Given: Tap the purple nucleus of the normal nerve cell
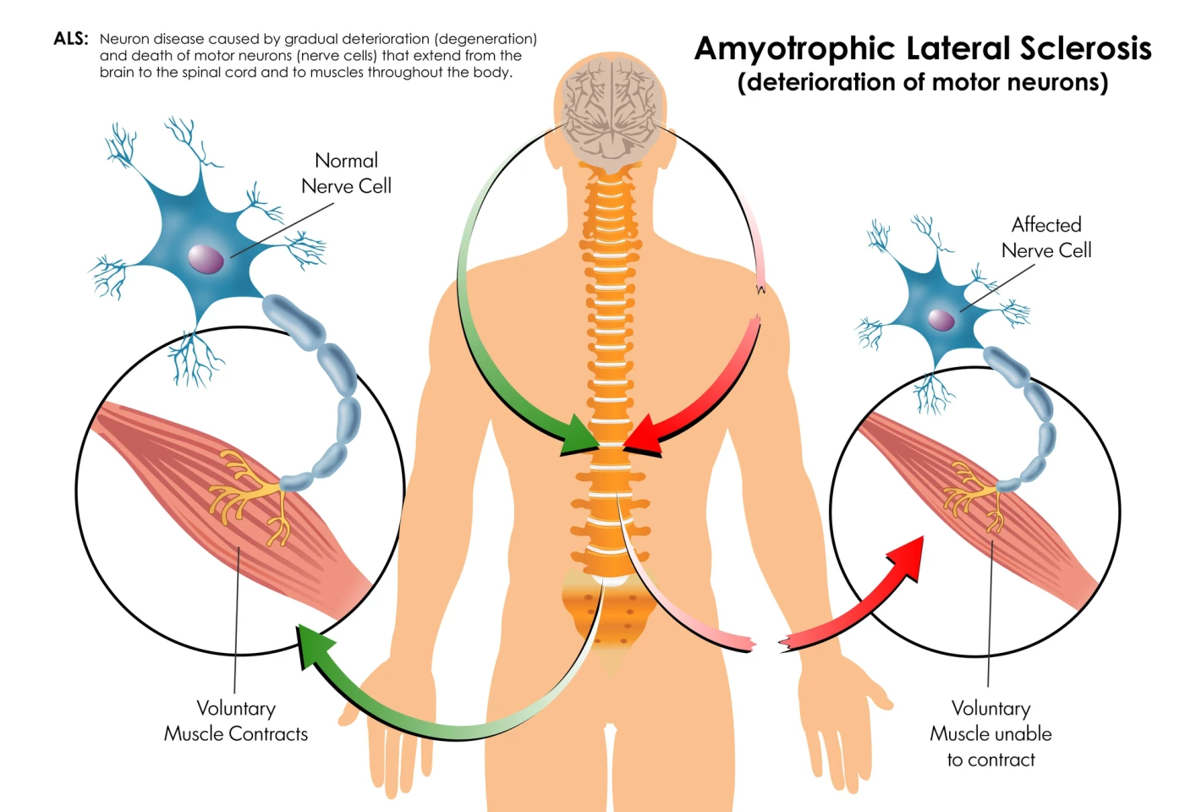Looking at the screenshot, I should (206, 259).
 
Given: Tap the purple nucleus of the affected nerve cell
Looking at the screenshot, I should (941, 319).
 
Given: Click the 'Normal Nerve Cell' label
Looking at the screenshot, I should (346, 173).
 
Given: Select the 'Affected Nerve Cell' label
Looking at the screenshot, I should (1046, 238).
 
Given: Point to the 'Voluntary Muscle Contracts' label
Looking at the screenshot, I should (236, 721).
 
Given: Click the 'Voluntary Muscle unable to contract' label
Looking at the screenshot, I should (990, 733).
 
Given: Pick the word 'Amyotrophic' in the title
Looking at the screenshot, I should (794, 49).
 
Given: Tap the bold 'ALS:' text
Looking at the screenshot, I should (71, 39).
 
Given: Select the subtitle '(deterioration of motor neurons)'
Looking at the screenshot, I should (922, 82).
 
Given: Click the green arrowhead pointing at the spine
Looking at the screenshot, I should (581, 436).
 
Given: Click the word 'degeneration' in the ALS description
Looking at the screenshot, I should (486, 39).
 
